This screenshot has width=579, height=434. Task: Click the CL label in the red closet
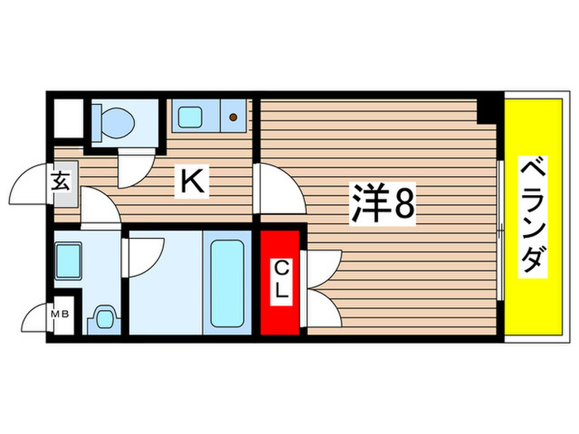pyautogui.click(x=281, y=280)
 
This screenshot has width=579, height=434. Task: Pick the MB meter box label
pyautogui.click(x=61, y=314)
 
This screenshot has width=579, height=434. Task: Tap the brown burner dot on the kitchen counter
pyautogui.click(x=234, y=117)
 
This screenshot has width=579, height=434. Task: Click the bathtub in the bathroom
pyautogui.click(x=227, y=282)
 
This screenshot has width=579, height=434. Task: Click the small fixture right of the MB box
pyautogui.click(x=103, y=317)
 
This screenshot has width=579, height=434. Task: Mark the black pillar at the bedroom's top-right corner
pyautogui.click(x=490, y=108)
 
